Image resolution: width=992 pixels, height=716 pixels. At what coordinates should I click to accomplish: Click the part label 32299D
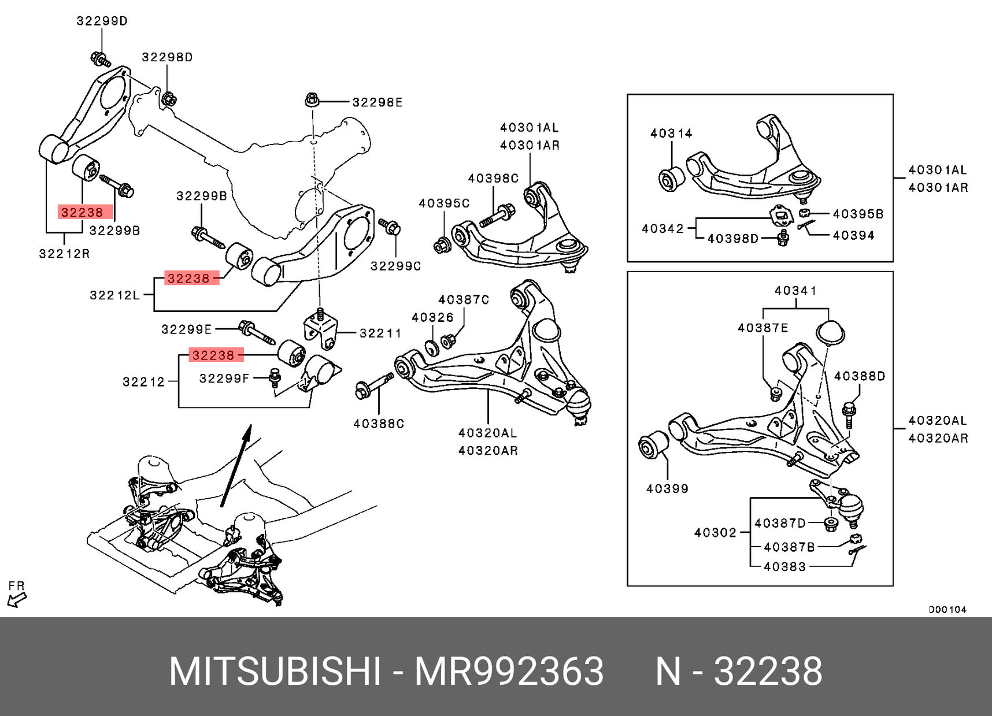point(102,21)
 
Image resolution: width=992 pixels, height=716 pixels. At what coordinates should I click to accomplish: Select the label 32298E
point(377,102)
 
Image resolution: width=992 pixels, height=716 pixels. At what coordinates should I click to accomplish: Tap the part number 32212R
point(64,253)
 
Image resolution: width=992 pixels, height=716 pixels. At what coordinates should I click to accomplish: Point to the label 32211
point(380,333)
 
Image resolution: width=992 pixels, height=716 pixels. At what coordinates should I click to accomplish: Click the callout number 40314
point(671,133)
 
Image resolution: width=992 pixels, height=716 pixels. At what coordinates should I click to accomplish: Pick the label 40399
point(667,488)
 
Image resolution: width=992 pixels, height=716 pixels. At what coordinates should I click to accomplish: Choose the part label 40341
point(795,291)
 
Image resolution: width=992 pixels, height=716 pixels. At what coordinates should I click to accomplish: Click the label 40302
point(715,532)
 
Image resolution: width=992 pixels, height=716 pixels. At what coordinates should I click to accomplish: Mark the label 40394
point(853,235)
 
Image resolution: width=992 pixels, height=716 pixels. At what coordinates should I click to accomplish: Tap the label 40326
point(432,317)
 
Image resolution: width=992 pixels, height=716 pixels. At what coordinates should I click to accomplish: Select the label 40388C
point(379,424)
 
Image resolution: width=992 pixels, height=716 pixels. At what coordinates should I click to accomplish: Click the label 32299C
point(395,266)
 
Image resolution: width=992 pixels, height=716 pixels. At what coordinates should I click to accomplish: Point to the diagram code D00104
point(947,610)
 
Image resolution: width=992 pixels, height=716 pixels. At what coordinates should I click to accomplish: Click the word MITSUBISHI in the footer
point(275,672)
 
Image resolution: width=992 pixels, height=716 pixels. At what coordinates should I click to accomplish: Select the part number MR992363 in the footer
point(509,672)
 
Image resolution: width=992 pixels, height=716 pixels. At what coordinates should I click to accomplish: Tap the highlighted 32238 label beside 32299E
point(213,355)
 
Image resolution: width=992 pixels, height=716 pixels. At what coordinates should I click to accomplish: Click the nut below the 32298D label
point(169,99)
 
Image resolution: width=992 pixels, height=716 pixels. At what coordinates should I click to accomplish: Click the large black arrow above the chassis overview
point(235,465)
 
